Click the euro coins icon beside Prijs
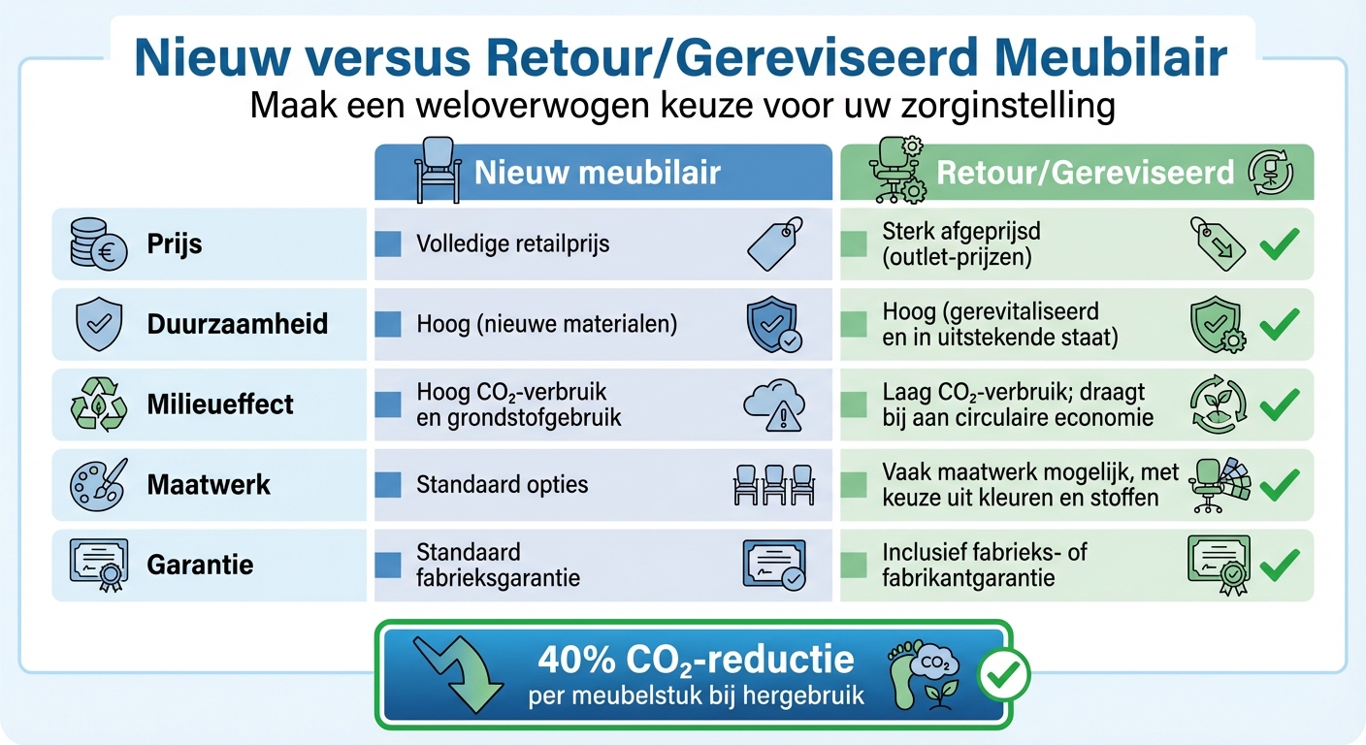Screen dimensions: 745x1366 click(97, 243)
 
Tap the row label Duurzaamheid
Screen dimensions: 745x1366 click(238, 323)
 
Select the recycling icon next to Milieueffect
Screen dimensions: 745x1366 click(97, 404)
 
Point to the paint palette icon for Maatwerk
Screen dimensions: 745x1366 click(97, 484)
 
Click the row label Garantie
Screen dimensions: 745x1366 click(200, 565)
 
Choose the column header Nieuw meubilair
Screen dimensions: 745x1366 click(597, 173)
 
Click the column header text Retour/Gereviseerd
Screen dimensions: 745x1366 click(1085, 173)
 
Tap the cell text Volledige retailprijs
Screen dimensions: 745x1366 click(513, 243)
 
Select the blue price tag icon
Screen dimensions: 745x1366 click(775, 243)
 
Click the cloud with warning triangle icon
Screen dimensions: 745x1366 click(773, 404)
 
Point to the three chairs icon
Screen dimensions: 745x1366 click(773, 484)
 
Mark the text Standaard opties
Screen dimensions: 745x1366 click(502, 484)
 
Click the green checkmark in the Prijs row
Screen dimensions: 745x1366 click(1279, 244)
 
